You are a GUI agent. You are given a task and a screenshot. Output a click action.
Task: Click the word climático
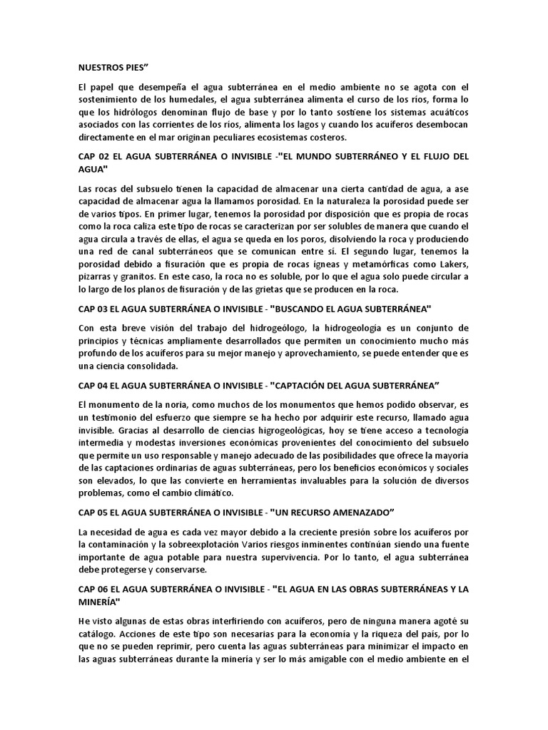(220, 493)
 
